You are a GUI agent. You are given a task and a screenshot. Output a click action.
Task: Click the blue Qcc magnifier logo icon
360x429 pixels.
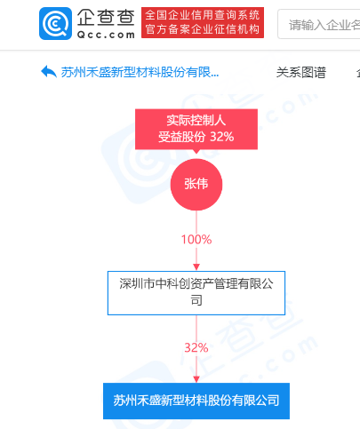pos(55,23)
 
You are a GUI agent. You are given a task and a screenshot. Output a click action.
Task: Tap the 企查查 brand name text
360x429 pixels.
pos(106,17)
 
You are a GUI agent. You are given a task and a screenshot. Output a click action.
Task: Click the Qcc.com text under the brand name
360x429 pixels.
pos(106,35)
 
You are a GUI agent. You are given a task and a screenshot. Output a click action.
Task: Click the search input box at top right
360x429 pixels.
pos(319,24)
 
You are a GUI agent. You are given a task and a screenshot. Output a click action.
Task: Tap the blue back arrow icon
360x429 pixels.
pos(49,72)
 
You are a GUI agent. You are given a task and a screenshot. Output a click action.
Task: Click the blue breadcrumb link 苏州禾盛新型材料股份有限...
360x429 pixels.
pos(140,72)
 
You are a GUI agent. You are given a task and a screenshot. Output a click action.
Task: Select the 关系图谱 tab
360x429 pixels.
pos(301,72)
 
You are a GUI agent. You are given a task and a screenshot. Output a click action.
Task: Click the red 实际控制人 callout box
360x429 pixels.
pos(196,129)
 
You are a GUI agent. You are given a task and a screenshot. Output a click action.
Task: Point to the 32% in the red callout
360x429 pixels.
pos(222,137)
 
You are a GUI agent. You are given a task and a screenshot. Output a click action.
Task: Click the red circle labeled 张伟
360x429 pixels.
pos(196,184)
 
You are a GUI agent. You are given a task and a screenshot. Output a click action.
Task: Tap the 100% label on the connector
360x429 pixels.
pos(196,239)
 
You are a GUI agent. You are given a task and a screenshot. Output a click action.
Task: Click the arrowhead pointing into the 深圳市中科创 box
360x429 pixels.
pos(196,266)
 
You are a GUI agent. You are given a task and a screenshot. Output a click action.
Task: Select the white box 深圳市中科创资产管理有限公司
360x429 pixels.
pos(196,293)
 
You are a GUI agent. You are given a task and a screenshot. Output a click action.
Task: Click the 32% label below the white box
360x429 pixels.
pos(196,347)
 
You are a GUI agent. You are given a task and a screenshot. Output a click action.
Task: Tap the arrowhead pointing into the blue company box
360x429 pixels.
pos(196,379)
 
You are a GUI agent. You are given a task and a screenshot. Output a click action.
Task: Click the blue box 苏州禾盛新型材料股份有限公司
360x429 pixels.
pos(196,401)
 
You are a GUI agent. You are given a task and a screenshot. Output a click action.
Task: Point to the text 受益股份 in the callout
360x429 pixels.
pos(181,137)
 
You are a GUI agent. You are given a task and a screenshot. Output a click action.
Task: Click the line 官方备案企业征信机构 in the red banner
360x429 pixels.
pos(203,29)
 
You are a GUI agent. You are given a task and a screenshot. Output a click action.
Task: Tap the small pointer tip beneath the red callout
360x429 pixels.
pos(196,153)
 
